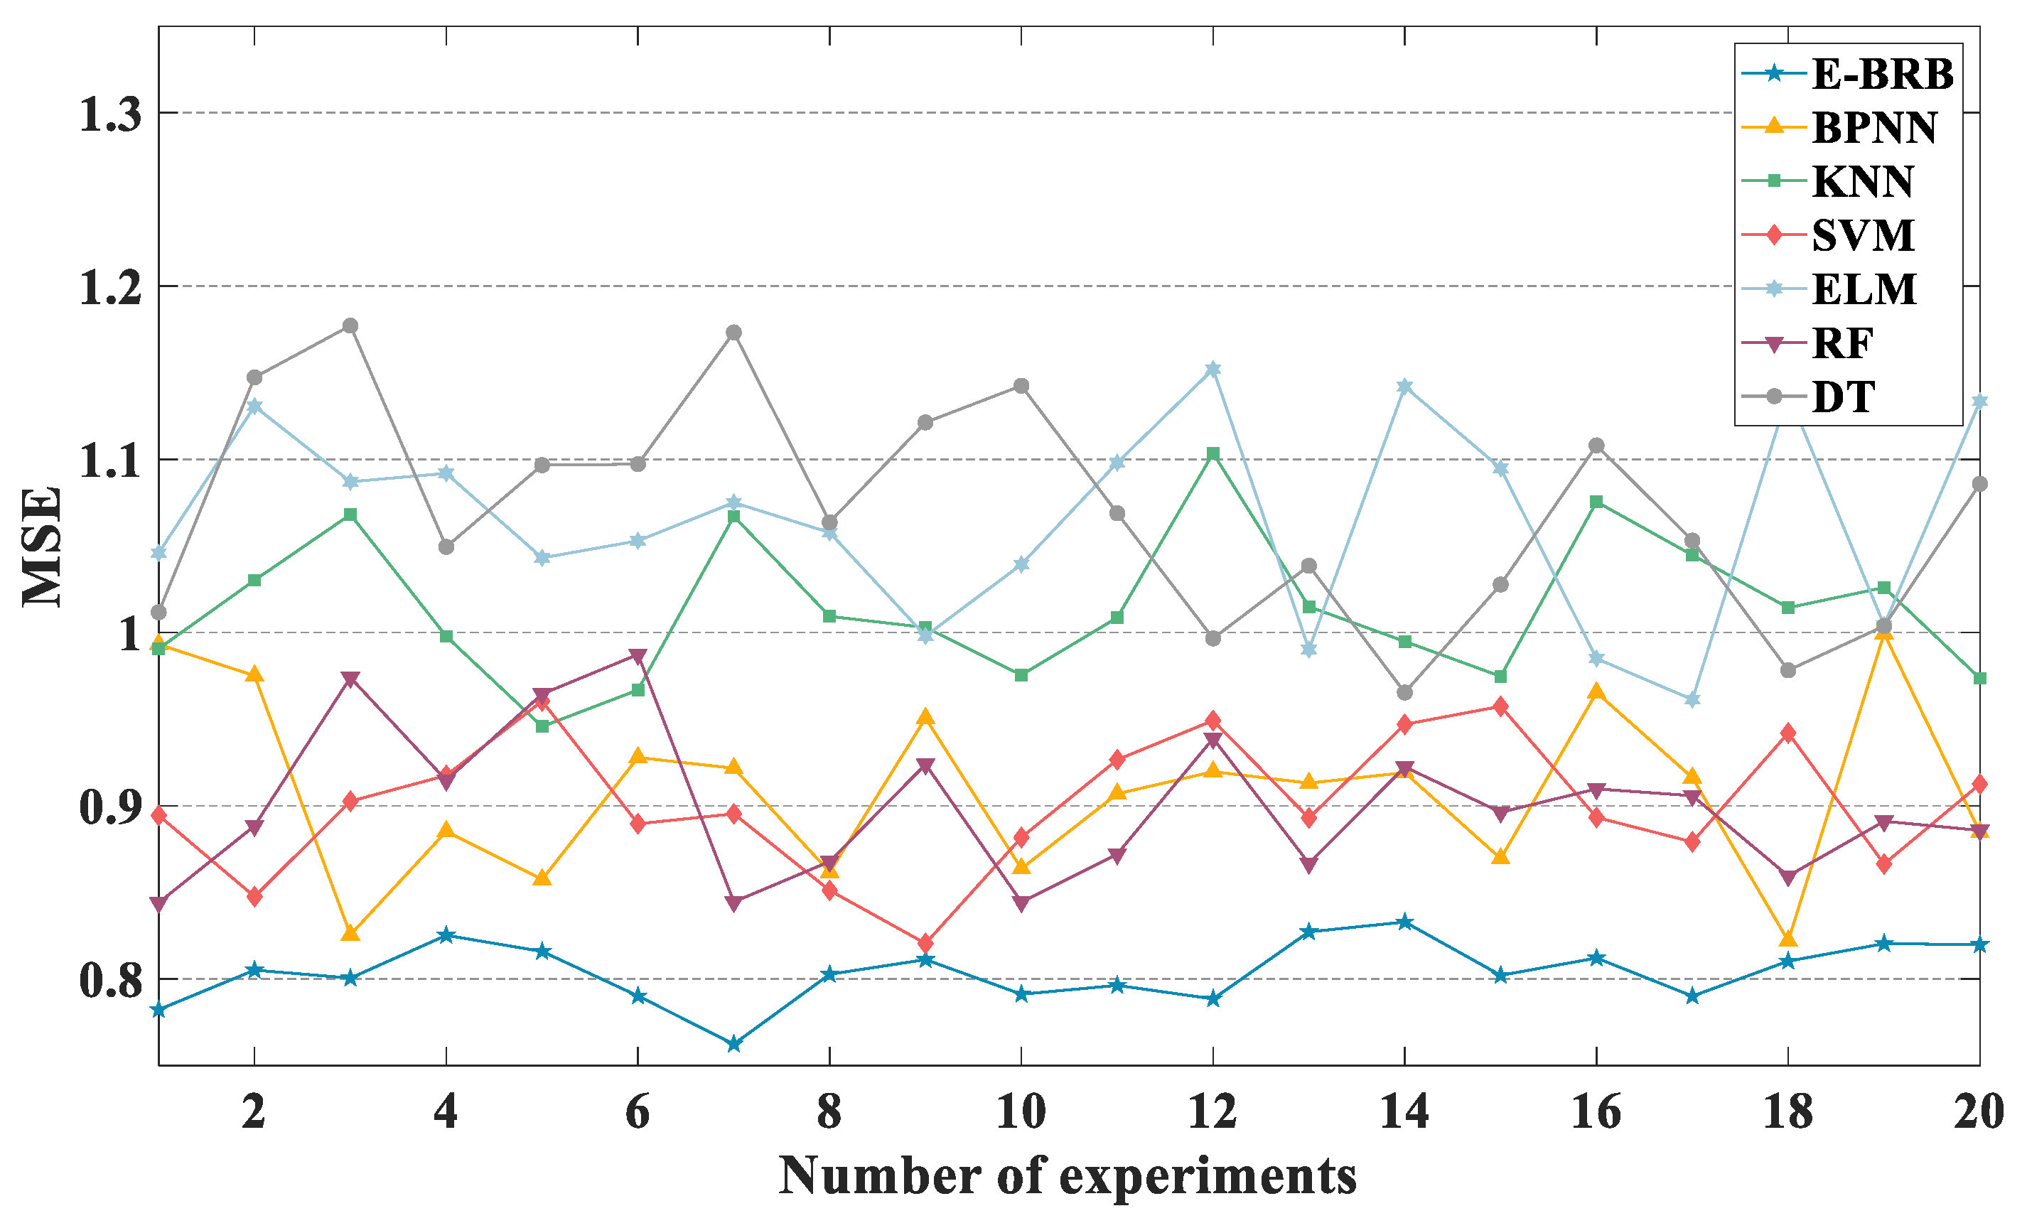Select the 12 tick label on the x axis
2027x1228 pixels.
click(x=1212, y=1113)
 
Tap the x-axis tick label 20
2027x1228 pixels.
click(x=1978, y=1113)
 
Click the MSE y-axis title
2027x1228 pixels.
click(x=41, y=546)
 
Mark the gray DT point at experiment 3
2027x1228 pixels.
click(x=350, y=325)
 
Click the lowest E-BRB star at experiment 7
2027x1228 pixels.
click(x=733, y=1045)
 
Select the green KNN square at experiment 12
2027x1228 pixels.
click(x=1213, y=454)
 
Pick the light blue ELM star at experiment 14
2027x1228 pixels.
click(x=1404, y=387)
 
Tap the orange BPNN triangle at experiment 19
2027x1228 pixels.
click(x=1884, y=632)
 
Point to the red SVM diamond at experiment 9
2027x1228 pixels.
click(x=925, y=942)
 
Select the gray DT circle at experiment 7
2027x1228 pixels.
click(x=733, y=333)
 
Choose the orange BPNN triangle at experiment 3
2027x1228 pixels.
click(x=350, y=932)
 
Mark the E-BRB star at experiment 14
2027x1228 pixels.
click(x=1404, y=922)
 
